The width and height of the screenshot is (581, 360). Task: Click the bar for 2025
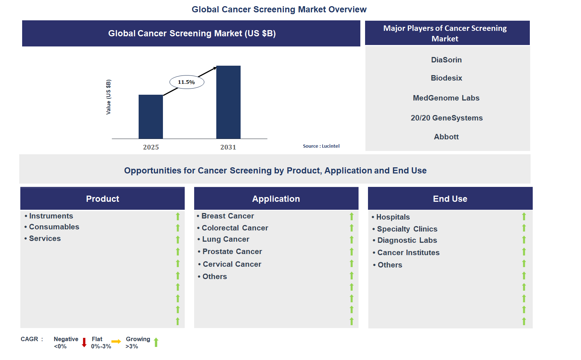151,117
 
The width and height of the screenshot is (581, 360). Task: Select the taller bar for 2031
228,102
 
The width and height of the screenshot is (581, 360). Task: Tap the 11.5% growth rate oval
187,82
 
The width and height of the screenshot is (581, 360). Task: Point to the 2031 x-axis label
228,147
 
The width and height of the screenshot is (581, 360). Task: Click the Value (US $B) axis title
109,97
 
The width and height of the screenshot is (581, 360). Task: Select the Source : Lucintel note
321,146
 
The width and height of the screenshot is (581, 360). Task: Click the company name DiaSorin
446,60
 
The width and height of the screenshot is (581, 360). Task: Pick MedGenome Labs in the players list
446,98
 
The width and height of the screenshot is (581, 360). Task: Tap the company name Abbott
446,137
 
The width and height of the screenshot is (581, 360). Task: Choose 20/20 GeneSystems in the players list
446,118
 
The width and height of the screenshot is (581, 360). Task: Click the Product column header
102,199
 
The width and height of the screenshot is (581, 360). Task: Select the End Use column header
450,199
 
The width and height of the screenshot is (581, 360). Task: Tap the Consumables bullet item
54,227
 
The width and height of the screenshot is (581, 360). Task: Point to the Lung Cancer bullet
225,239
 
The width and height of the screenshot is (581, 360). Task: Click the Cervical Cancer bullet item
232,264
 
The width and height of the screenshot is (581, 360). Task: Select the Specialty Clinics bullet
407,229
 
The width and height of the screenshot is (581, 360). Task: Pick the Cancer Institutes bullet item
408,253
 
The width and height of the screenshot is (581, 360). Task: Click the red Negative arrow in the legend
84,343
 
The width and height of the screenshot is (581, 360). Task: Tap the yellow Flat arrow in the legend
116,341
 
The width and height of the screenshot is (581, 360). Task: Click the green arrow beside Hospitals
524,217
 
